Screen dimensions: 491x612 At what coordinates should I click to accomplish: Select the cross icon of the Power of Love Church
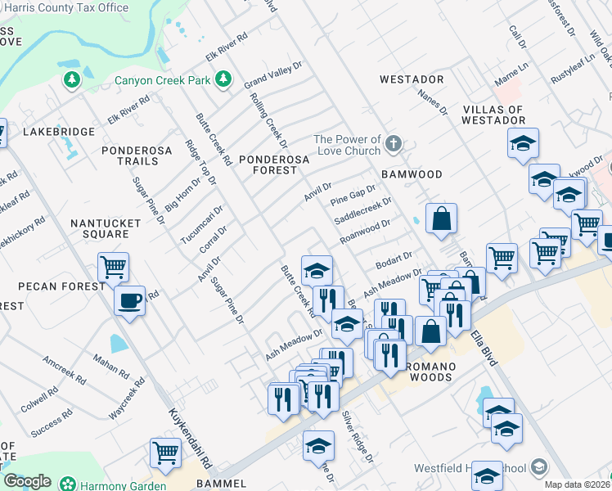tap(394, 145)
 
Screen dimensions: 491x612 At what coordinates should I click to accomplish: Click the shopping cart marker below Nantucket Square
tap(113, 266)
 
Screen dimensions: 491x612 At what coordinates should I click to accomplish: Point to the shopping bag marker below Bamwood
tap(441, 218)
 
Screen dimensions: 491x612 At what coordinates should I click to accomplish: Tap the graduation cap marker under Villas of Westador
tap(523, 144)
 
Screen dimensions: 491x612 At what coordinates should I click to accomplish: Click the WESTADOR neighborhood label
tap(412, 79)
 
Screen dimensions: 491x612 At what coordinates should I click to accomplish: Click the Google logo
tap(27, 481)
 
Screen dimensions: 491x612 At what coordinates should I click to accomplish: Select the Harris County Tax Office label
tap(65, 7)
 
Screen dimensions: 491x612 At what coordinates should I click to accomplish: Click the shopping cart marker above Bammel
tap(166, 453)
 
